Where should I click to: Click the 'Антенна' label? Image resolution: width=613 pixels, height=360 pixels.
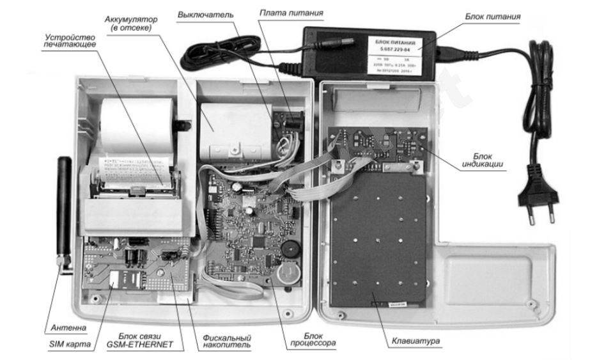point(66,328)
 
